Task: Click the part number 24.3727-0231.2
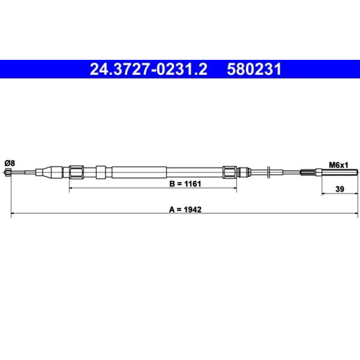149,69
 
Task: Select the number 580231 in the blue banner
254,69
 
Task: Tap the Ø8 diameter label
10,163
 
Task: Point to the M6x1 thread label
338,165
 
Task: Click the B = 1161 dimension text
185,184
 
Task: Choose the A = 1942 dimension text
185,209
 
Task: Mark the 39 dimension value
340,189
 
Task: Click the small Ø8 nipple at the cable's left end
8,172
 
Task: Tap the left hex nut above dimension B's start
77,172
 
